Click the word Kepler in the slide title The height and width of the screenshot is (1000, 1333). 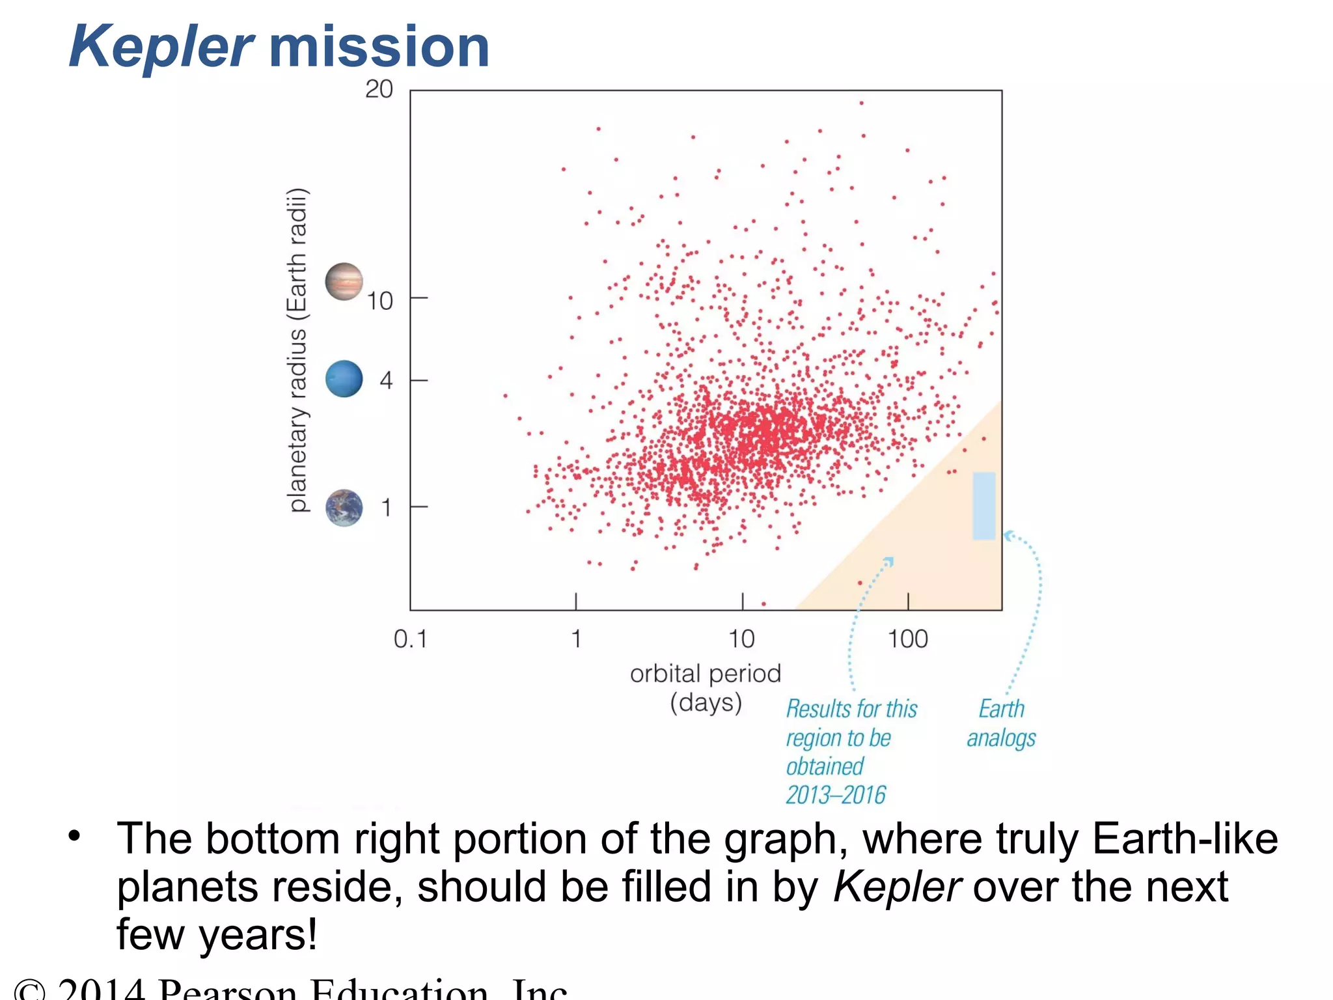tap(161, 47)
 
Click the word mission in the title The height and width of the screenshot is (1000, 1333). tap(379, 47)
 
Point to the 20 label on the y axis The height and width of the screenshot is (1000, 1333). tap(379, 89)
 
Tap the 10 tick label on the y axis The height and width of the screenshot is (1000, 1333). tap(379, 301)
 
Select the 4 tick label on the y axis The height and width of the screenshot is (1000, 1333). tap(386, 380)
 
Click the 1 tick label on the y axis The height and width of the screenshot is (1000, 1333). tap(386, 507)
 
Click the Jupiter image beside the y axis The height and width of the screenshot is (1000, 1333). tap(344, 282)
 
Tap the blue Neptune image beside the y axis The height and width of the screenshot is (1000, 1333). tap(344, 379)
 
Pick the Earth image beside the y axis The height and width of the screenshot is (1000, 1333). tap(344, 508)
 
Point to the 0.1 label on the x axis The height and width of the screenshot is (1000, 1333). tap(410, 639)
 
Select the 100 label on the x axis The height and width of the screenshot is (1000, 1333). tap(907, 639)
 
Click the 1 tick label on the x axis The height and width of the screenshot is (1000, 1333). tap(576, 639)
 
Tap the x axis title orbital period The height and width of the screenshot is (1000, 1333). tap(706, 674)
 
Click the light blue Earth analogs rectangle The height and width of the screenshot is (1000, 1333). tap(983, 506)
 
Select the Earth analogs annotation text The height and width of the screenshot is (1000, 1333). tap(1001, 723)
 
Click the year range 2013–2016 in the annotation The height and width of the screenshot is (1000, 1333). tap(836, 795)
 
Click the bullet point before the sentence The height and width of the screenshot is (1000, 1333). tap(74, 835)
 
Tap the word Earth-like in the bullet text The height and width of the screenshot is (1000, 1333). tap(1185, 839)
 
